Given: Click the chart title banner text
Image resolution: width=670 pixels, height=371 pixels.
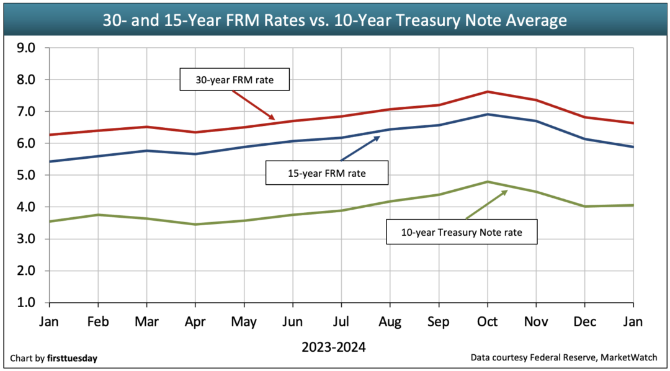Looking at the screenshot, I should pyautogui.click(x=334, y=20).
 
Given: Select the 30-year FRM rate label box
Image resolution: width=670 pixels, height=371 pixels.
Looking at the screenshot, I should pyautogui.click(x=234, y=79).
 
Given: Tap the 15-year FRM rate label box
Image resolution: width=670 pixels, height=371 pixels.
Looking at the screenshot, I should pyautogui.click(x=326, y=173).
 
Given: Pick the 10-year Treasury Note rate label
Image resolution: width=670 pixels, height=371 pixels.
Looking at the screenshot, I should pyautogui.click(x=461, y=232).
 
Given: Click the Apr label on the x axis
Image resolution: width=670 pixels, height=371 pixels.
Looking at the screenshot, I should pyautogui.click(x=195, y=322).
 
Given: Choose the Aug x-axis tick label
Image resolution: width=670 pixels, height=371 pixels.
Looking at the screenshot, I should pyautogui.click(x=390, y=322).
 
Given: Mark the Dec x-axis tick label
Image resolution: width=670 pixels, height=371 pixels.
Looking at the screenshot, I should pyautogui.click(x=584, y=322).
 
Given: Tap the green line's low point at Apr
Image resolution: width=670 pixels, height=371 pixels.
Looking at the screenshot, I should pyautogui.click(x=195, y=224).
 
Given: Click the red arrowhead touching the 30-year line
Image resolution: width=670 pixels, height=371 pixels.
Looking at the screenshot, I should pyautogui.click(x=271, y=117).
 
